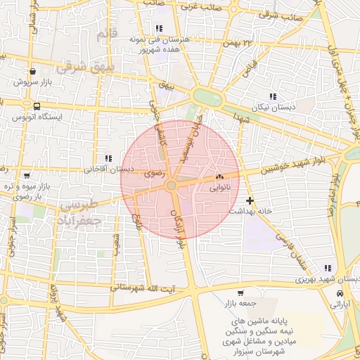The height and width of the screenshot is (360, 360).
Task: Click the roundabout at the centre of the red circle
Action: point(172,185)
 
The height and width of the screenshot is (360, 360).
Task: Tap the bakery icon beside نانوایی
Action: point(220,178)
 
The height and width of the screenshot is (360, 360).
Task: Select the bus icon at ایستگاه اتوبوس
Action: point(35,105)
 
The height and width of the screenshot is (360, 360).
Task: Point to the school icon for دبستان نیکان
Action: point(272,96)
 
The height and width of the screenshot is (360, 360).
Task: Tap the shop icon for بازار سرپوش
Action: point(33,71)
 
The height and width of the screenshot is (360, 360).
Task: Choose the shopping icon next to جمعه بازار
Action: point(241,293)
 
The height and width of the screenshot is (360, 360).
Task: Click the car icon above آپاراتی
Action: point(340,293)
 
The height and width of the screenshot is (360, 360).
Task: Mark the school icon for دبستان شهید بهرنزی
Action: point(328,268)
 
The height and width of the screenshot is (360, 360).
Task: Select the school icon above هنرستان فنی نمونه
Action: point(149,28)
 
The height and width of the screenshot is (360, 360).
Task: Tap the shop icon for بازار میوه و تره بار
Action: point(27,175)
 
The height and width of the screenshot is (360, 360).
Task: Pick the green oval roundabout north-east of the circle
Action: point(208,97)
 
